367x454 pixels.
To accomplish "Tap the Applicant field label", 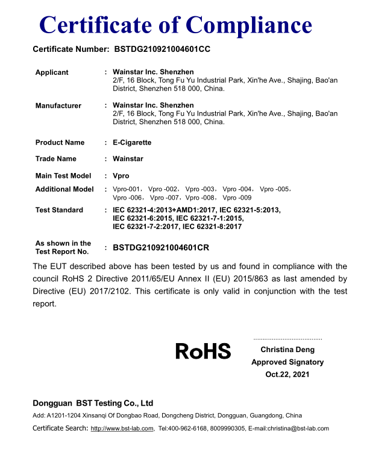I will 52,72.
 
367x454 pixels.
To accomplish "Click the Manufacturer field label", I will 58,106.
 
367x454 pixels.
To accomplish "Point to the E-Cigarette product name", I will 132,143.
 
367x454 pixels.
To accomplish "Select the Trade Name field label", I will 56,159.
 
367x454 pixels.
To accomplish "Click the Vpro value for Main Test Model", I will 121,175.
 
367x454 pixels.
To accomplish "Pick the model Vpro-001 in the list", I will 127,189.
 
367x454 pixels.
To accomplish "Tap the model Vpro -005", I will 275,189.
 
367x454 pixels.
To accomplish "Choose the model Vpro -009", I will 237,198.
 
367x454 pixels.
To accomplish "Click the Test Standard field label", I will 59,210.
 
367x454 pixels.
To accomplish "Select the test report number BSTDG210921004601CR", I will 161,247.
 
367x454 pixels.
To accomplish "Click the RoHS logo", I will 203,351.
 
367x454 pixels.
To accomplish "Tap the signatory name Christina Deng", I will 287,350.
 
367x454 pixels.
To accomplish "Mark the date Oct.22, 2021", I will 287,374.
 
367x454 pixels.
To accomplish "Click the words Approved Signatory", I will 287,362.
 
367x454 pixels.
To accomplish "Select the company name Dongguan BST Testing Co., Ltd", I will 93,403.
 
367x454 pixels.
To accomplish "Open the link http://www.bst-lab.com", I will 122,429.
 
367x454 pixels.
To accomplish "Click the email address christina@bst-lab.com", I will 296,429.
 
